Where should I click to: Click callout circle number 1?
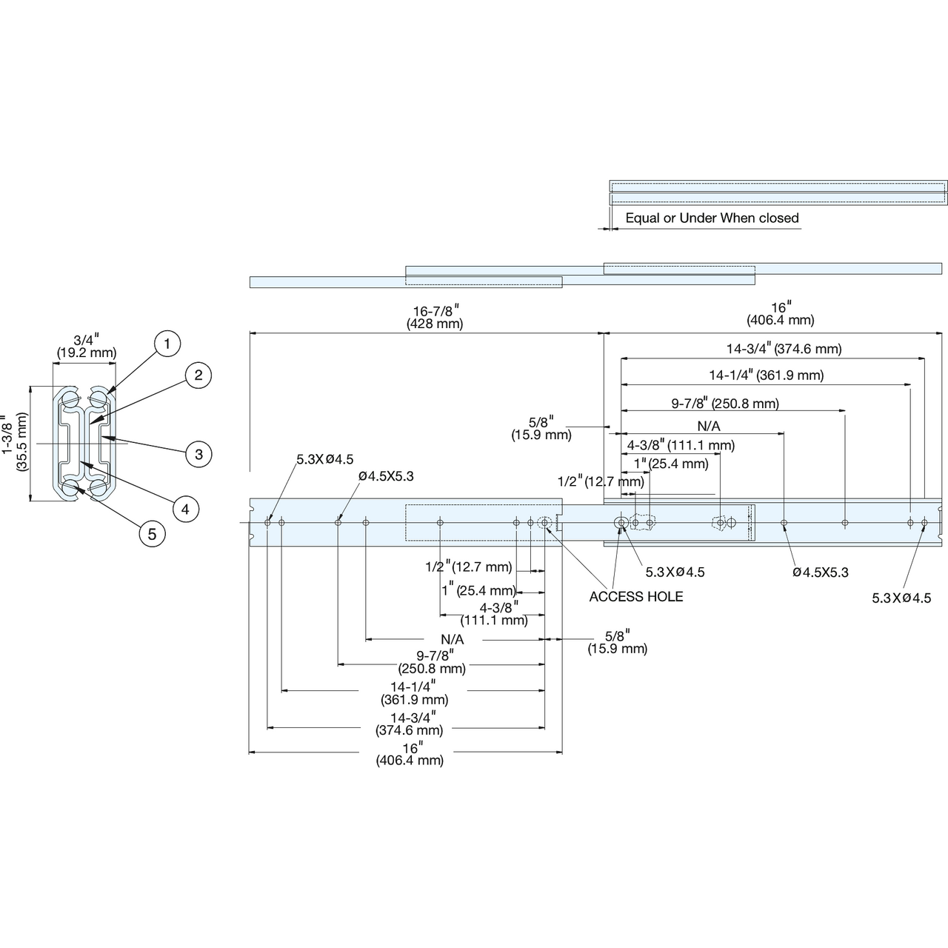coord(167,344)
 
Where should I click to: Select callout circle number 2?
coord(198,375)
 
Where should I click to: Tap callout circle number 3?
coord(198,454)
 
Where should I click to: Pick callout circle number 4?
coord(185,509)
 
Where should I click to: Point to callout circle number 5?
coord(152,534)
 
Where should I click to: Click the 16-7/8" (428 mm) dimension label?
coord(435,317)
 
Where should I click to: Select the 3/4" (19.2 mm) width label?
coord(86,346)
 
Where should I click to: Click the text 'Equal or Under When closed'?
coord(712,218)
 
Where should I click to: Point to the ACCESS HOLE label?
coord(636,597)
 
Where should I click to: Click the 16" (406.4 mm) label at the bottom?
coord(410,754)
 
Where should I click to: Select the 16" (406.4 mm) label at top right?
coord(780,314)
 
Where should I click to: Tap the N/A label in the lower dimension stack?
coord(452,640)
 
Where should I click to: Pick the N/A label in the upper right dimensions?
coord(709,426)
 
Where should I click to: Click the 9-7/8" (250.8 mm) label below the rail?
coord(432,662)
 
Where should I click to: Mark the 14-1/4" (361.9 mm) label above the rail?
coord(767,375)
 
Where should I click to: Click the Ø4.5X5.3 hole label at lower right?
coord(821,573)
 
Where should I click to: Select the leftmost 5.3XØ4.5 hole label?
coord(324,459)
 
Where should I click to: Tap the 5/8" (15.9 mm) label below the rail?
coord(618,642)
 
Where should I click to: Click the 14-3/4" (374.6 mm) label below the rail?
coord(410,724)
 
